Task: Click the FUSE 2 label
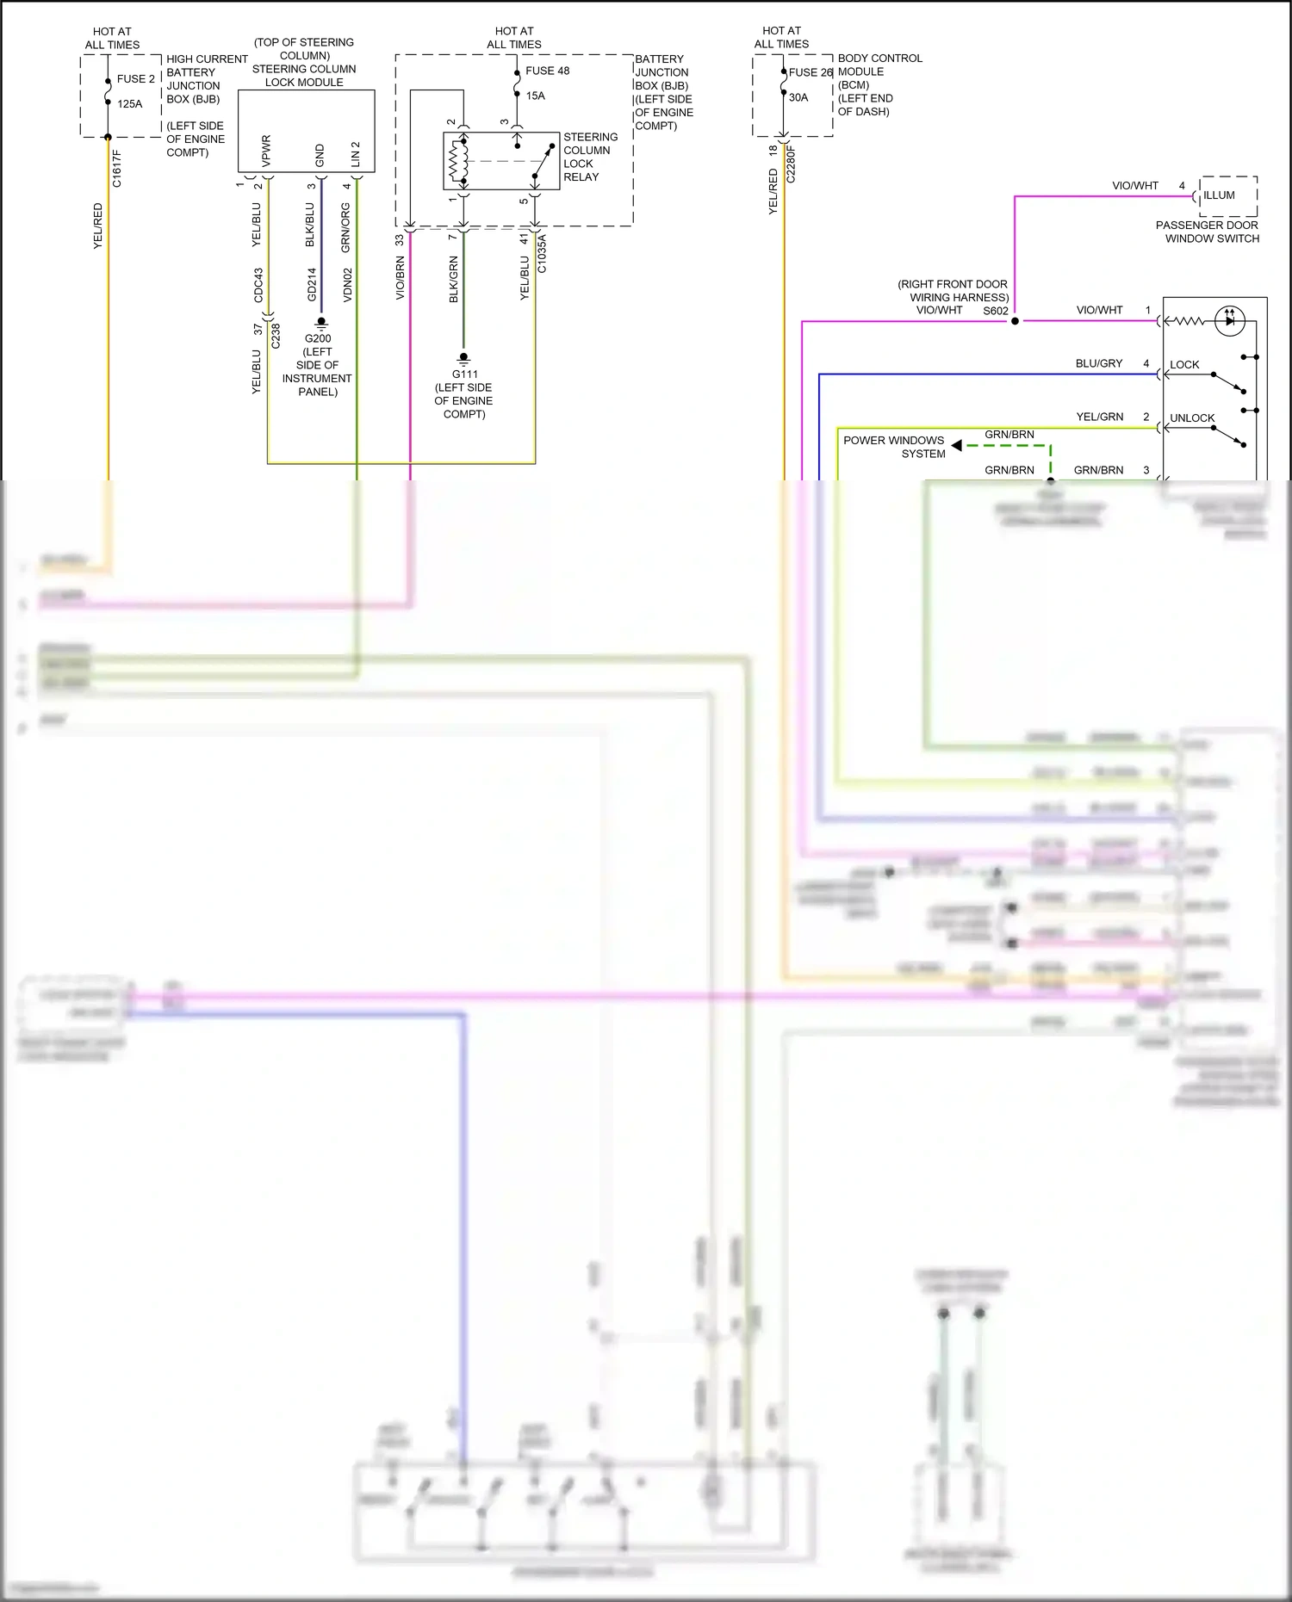pyautogui.click(x=136, y=79)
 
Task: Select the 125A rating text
pyautogui.click(x=130, y=104)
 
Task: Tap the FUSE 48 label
pyautogui.click(x=548, y=71)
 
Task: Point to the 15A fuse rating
pyautogui.click(x=536, y=96)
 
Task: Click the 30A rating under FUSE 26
pyautogui.click(x=798, y=97)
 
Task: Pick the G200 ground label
pyautogui.click(x=318, y=338)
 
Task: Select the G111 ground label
pyautogui.click(x=464, y=374)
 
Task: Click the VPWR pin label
pyautogui.click(x=266, y=151)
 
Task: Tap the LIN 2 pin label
pyautogui.click(x=355, y=154)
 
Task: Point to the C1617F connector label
pyautogui.click(x=117, y=169)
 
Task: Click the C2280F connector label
pyautogui.click(x=792, y=164)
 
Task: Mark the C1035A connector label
pyautogui.click(x=542, y=254)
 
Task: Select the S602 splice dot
pyautogui.click(x=1015, y=321)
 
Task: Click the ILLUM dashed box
pyautogui.click(x=1228, y=196)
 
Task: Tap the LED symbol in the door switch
pyautogui.click(x=1229, y=321)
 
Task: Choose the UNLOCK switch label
pyautogui.click(x=1192, y=418)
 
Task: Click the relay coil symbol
pyautogui.click(x=457, y=161)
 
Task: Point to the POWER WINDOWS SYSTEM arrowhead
pyautogui.click(x=956, y=445)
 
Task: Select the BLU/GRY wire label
pyautogui.click(x=1098, y=363)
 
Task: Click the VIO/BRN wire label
pyautogui.click(x=400, y=278)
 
